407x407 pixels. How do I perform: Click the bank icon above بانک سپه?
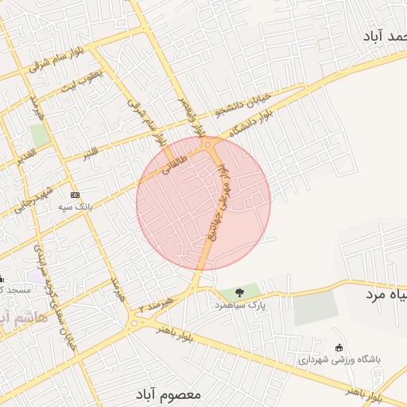pos(75,195)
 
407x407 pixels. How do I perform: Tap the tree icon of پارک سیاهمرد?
pos(239,292)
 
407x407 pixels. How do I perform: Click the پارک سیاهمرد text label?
pos(239,304)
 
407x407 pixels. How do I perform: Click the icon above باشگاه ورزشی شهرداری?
pos(339,347)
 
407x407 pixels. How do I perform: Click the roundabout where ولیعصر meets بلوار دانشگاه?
pos(208,145)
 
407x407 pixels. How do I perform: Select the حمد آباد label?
pos(386,37)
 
